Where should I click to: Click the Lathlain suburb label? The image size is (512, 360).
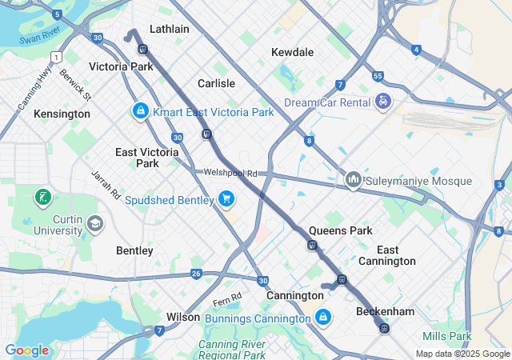pyautogui.click(x=169, y=29)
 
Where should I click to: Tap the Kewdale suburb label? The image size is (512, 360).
pyautogui.click(x=292, y=52)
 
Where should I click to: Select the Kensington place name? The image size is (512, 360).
pyautogui.click(x=62, y=114)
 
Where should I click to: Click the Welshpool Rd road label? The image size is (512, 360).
pyautogui.click(x=230, y=172)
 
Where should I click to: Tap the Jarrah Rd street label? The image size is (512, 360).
pyautogui.click(x=105, y=184)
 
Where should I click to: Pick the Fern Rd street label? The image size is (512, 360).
pyautogui.click(x=227, y=301)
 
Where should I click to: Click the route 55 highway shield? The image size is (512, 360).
pyautogui.click(x=378, y=76)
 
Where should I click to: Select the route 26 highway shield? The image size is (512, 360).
pyautogui.click(x=196, y=274)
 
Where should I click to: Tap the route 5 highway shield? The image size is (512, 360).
pyautogui.click(x=57, y=14)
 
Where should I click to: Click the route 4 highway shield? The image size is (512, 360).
pyautogui.click(x=416, y=50)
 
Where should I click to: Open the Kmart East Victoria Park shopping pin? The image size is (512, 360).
pyautogui.click(x=140, y=110)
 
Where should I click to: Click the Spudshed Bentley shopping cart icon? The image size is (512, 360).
pyautogui.click(x=226, y=198)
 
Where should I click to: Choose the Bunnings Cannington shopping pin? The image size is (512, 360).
pyautogui.click(x=322, y=318)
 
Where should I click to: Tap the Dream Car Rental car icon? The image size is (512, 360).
pyautogui.click(x=384, y=102)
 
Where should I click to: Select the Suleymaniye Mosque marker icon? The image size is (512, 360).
pyautogui.click(x=353, y=181)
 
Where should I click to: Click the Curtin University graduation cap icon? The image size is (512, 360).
pyautogui.click(x=96, y=223)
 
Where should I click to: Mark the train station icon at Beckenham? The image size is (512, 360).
pyautogui.click(x=384, y=328)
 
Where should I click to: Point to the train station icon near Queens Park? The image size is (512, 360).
pyautogui.click(x=313, y=246)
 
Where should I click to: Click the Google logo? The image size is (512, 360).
pyautogui.click(x=26, y=350)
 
